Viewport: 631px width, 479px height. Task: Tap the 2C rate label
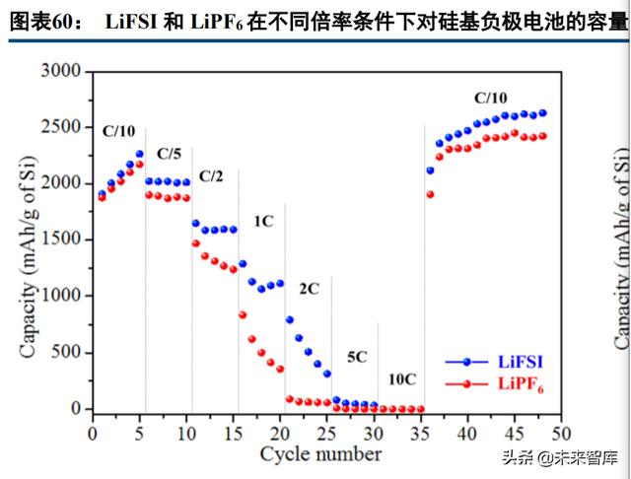[x=309, y=289]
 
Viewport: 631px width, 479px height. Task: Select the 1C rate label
[x=263, y=222]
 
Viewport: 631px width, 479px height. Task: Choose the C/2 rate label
[x=211, y=176]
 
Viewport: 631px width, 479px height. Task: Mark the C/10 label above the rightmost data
[x=491, y=98]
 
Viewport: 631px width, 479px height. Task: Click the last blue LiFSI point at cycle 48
[x=543, y=113]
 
